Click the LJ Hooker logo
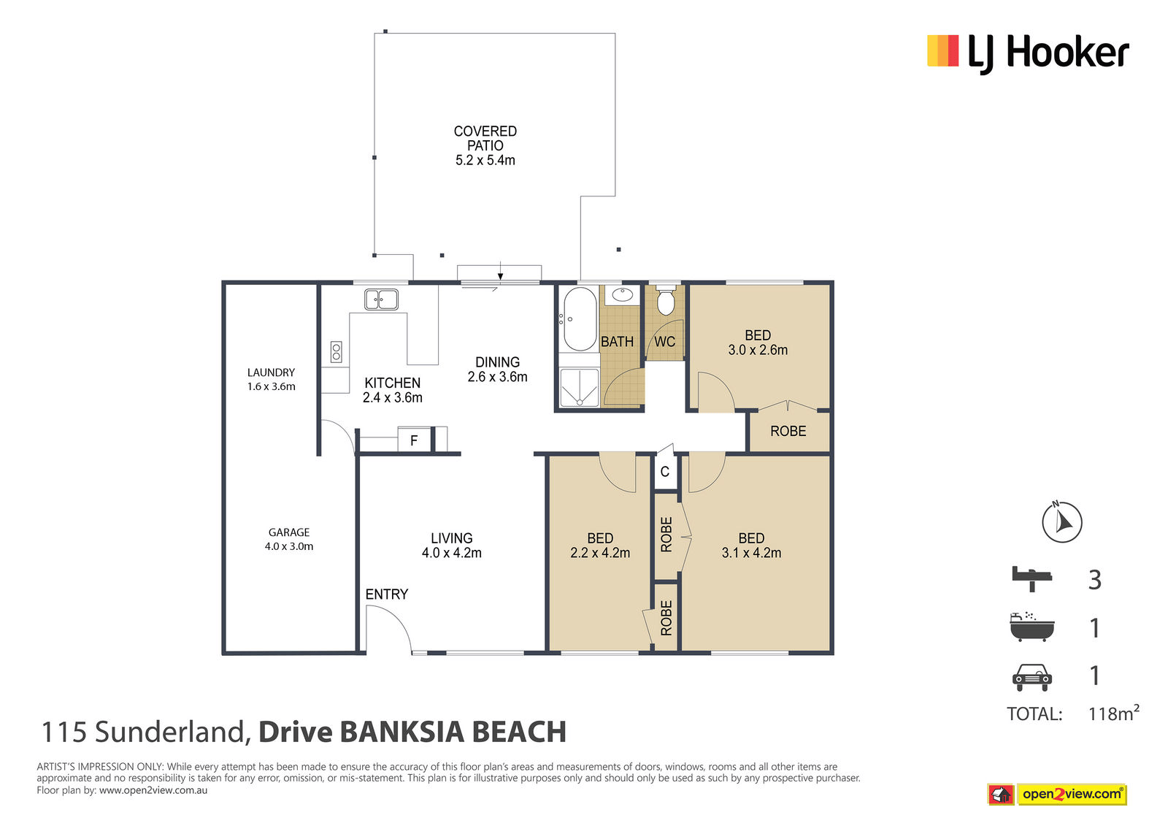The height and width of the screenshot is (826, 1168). coord(1028,54)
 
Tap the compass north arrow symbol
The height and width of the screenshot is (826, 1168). coord(1061,521)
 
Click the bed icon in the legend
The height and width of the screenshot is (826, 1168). coord(1032,578)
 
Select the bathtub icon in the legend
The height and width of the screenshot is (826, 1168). coord(1032,627)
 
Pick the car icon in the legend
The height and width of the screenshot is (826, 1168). coord(1032,677)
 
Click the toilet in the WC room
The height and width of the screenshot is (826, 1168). coord(665,300)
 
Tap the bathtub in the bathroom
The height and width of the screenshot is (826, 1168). coord(580,319)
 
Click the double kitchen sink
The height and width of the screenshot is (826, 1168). coord(381,299)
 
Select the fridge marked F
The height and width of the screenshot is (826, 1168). coord(414,440)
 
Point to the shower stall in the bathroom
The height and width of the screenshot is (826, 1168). coord(579,387)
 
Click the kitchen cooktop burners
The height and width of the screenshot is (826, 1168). coord(337,352)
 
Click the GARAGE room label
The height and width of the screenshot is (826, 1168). coord(289,532)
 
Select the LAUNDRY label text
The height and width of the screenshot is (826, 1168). coord(271,372)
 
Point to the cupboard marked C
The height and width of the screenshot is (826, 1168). coord(665,471)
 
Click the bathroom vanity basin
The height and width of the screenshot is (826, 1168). coord(622,295)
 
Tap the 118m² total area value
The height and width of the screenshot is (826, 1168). coord(1113,713)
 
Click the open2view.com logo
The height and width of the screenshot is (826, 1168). coord(1057,794)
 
